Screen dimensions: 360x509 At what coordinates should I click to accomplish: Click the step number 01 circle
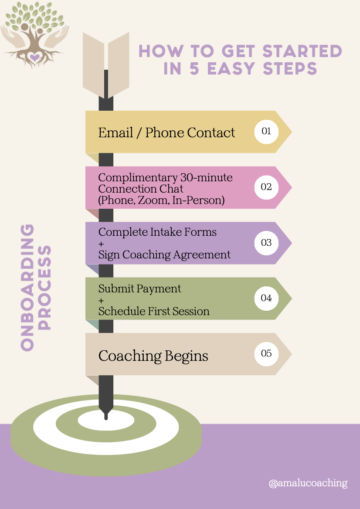click(x=266, y=131)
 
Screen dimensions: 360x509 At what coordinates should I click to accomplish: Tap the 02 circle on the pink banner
click(x=266, y=187)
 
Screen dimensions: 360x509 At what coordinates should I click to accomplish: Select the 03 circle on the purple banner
click(x=266, y=243)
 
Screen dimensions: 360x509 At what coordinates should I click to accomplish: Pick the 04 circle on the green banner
click(x=266, y=298)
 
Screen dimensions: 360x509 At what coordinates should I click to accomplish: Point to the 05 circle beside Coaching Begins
click(x=266, y=353)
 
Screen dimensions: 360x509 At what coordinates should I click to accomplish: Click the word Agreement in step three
click(x=204, y=254)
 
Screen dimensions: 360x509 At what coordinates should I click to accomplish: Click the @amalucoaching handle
click(x=308, y=483)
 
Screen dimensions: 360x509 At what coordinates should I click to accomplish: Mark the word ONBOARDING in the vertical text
click(x=27, y=288)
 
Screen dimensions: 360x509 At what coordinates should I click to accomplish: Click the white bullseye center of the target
click(x=106, y=420)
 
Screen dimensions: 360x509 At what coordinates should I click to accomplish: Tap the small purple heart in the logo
click(x=34, y=57)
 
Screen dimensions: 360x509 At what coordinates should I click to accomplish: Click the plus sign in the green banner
click(x=101, y=300)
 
